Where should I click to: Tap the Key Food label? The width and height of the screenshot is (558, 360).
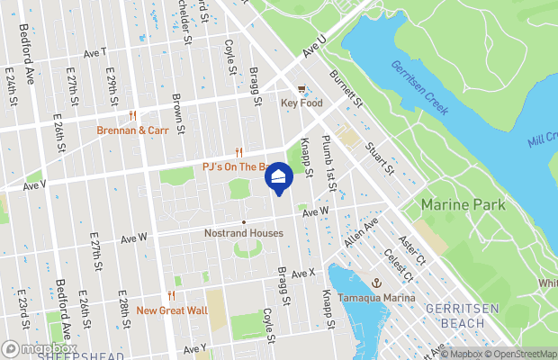[301, 103]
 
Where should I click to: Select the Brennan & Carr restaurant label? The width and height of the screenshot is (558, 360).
[133, 130]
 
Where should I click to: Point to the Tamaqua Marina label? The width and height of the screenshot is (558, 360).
[377, 298]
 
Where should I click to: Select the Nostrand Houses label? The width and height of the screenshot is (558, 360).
[242, 233]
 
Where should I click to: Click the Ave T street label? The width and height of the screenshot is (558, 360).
[94, 53]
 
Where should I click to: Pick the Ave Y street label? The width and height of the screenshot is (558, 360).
[195, 348]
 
